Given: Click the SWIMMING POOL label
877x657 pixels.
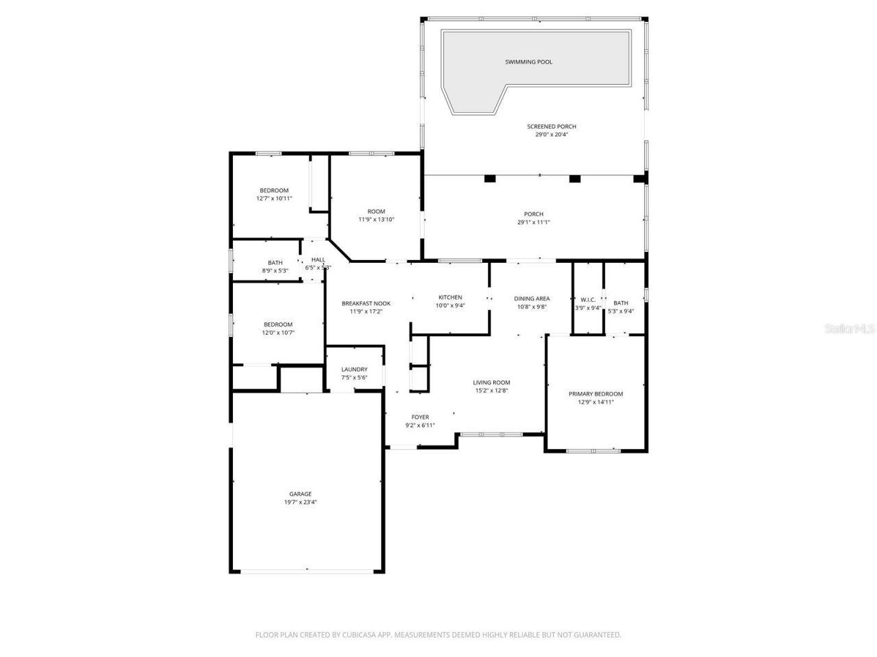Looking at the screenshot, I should [528, 62].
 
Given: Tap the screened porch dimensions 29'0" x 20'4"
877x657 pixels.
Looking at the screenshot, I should [552, 135].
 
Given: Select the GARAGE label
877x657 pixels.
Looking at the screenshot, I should [300, 493].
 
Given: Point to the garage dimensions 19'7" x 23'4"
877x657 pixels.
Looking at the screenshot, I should [300, 502].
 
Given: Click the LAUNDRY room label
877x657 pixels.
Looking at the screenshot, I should [354, 370].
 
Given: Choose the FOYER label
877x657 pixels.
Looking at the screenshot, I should [420, 417].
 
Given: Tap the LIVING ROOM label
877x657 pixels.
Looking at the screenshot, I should [491, 383].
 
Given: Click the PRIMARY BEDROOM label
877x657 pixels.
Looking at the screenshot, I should [595, 394].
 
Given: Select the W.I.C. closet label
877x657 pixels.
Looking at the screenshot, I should [588, 300].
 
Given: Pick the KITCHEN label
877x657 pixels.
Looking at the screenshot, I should [450, 297].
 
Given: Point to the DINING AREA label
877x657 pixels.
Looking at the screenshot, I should [532, 298].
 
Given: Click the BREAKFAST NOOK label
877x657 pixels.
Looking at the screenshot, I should [366, 303].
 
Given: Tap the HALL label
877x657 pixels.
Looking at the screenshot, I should [318, 259].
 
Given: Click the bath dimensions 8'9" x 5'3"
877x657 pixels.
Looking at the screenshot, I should [275, 271].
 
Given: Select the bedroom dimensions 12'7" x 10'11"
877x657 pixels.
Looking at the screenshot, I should [274, 198].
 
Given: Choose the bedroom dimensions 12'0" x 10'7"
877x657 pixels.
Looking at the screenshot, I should [277, 333].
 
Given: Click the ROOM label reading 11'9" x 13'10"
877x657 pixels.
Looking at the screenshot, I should [376, 211].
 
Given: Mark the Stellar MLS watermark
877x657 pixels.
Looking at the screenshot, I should [850, 328].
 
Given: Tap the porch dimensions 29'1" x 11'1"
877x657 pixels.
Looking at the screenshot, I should [534, 222].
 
